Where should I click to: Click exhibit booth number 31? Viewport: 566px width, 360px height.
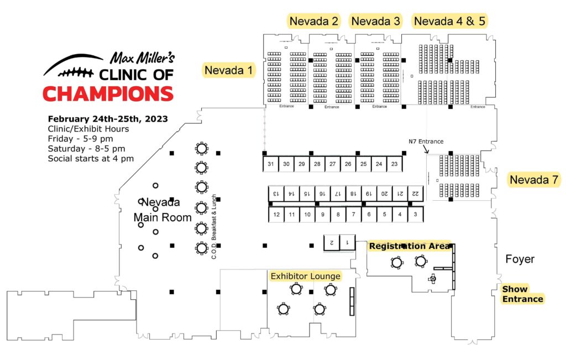(x=271, y=164)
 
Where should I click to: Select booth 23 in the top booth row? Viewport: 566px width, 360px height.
(x=395, y=164)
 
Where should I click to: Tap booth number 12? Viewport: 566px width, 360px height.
(x=276, y=215)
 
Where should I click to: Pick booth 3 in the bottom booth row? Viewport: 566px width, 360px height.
(x=416, y=215)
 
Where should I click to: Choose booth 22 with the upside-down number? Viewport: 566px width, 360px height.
(x=416, y=194)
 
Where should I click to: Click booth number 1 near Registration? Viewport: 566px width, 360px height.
(x=347, y=243)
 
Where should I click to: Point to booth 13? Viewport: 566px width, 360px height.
(x=276, y=194)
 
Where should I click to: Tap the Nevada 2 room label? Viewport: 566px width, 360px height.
(x=314, y=22)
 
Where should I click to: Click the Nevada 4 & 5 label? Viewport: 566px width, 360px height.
(x=450, y=22)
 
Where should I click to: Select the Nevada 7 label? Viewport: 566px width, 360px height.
(x=534, y=180)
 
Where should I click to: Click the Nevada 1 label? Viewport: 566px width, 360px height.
(x=228, y=70)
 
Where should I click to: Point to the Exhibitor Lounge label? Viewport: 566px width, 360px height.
(x=305, y=276)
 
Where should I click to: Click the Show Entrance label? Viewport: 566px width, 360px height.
(x=522, y=294)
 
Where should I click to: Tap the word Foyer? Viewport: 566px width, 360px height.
(x=520, y=259)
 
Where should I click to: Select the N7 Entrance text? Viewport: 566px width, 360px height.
(x=426, y=142)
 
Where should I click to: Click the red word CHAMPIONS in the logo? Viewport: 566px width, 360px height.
(x=108, y=94)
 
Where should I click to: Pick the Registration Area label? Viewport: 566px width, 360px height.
(x=410, y=246)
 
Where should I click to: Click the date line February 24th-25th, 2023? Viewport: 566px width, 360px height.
(x=108, y=119)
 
